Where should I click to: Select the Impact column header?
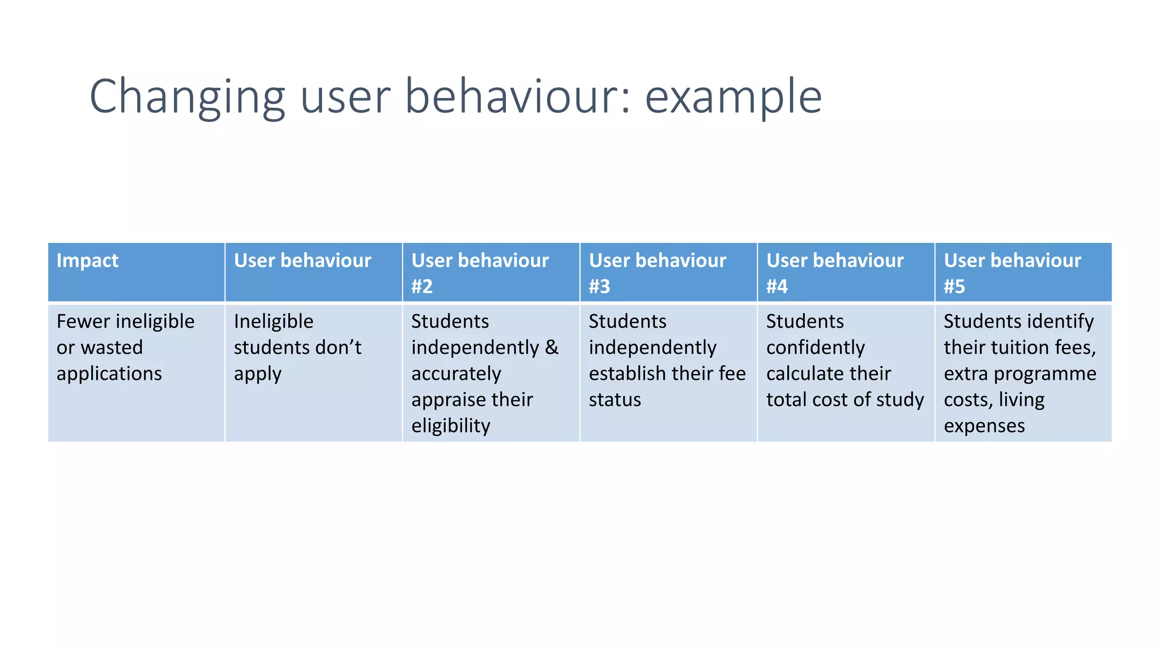click(87, 260)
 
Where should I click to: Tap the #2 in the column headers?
click(422, 286)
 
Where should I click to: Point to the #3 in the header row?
click(599, 286)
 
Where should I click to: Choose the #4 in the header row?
click(777, 286)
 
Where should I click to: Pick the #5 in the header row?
click(954, 286)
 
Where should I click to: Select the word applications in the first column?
click(109, 374)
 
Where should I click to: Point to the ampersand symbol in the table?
click(552, 348)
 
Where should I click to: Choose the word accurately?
click(456, 374)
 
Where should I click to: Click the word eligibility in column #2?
click(450, 426)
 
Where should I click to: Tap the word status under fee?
click(615, 400)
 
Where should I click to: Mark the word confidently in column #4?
click(815, 348)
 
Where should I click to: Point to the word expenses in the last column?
click(984, 426)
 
